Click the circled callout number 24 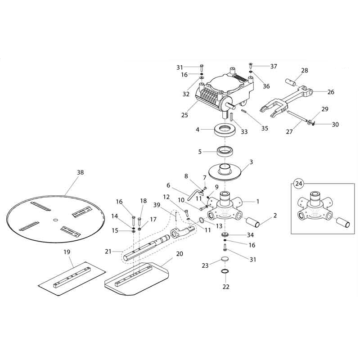(x=298, y=183)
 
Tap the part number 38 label (x=80, y=172)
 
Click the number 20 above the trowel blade (x=180, y=253)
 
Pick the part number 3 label (x=251, y=162)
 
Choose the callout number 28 (x=305, y=71)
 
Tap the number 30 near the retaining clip (x=335, y=125)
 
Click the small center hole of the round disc (x=55, y=220)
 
